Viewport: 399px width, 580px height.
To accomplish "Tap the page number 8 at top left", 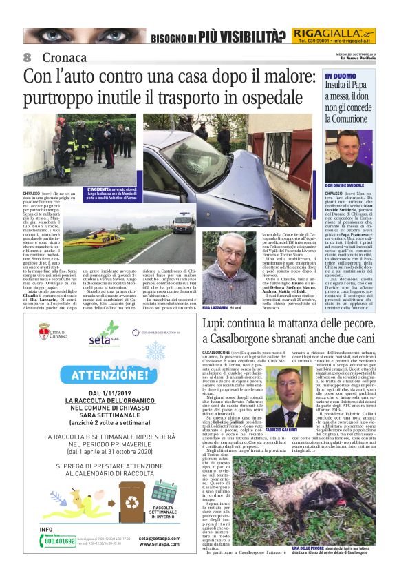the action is pyautogui.click(x=28, y=57).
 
